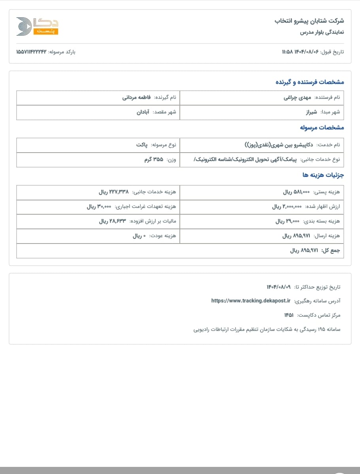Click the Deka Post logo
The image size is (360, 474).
[x=37, y=26]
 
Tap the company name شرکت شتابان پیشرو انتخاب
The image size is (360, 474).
[x=309, y=21]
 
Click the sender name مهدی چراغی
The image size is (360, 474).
[x=298, y=97]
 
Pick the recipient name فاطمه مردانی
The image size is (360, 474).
[x=137, y=97]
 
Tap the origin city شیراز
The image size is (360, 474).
[x=311, y=112]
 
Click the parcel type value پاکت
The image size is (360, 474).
[x=142, y=145]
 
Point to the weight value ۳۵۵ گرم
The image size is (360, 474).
[x=153, y=160]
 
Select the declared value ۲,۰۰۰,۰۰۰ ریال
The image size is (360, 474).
[x=287, y=207]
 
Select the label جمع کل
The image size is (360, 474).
[x=330, y=251]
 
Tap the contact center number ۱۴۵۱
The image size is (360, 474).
[x=288, y=315]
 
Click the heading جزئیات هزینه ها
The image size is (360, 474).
[x=323, y=174]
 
